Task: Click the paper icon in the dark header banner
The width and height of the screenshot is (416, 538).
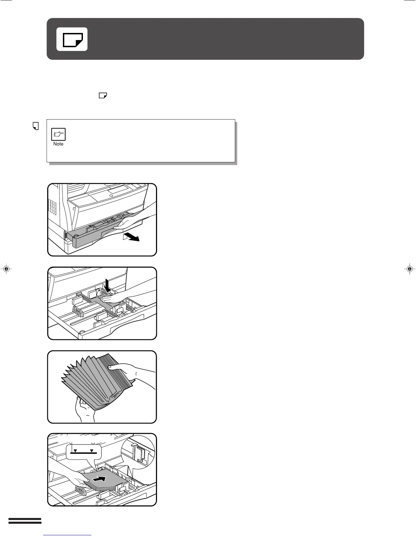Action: point(72,39)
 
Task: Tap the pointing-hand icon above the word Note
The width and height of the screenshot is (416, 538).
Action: point(58,134)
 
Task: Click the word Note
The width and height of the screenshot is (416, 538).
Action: point(58,144)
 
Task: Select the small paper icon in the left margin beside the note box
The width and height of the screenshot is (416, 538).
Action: point(35,126)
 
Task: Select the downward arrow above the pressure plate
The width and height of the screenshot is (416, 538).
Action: point(107,285)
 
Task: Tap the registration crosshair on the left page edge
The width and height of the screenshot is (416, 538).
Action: point(6,269)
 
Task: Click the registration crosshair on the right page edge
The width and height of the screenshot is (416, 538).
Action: point(410,269)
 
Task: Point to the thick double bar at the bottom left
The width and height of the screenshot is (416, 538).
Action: point(25,521)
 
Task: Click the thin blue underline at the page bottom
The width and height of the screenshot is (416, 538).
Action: point(68,535)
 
